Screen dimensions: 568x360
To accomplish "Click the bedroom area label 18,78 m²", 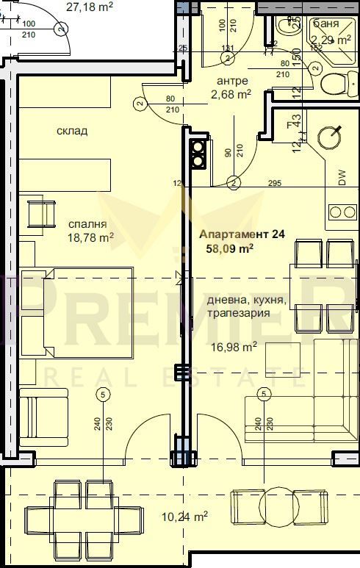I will (90, 237).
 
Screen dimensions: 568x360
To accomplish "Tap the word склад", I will (72, 132).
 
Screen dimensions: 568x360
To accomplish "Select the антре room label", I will (233, 81).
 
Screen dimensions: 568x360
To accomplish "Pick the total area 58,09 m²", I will (231, 248).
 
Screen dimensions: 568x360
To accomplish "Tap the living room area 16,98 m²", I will (234, 345).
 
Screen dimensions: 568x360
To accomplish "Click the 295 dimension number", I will (276, 182).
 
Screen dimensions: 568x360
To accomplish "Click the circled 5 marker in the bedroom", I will (102, 395).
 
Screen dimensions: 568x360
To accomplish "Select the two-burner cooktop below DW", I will (342, 212).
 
